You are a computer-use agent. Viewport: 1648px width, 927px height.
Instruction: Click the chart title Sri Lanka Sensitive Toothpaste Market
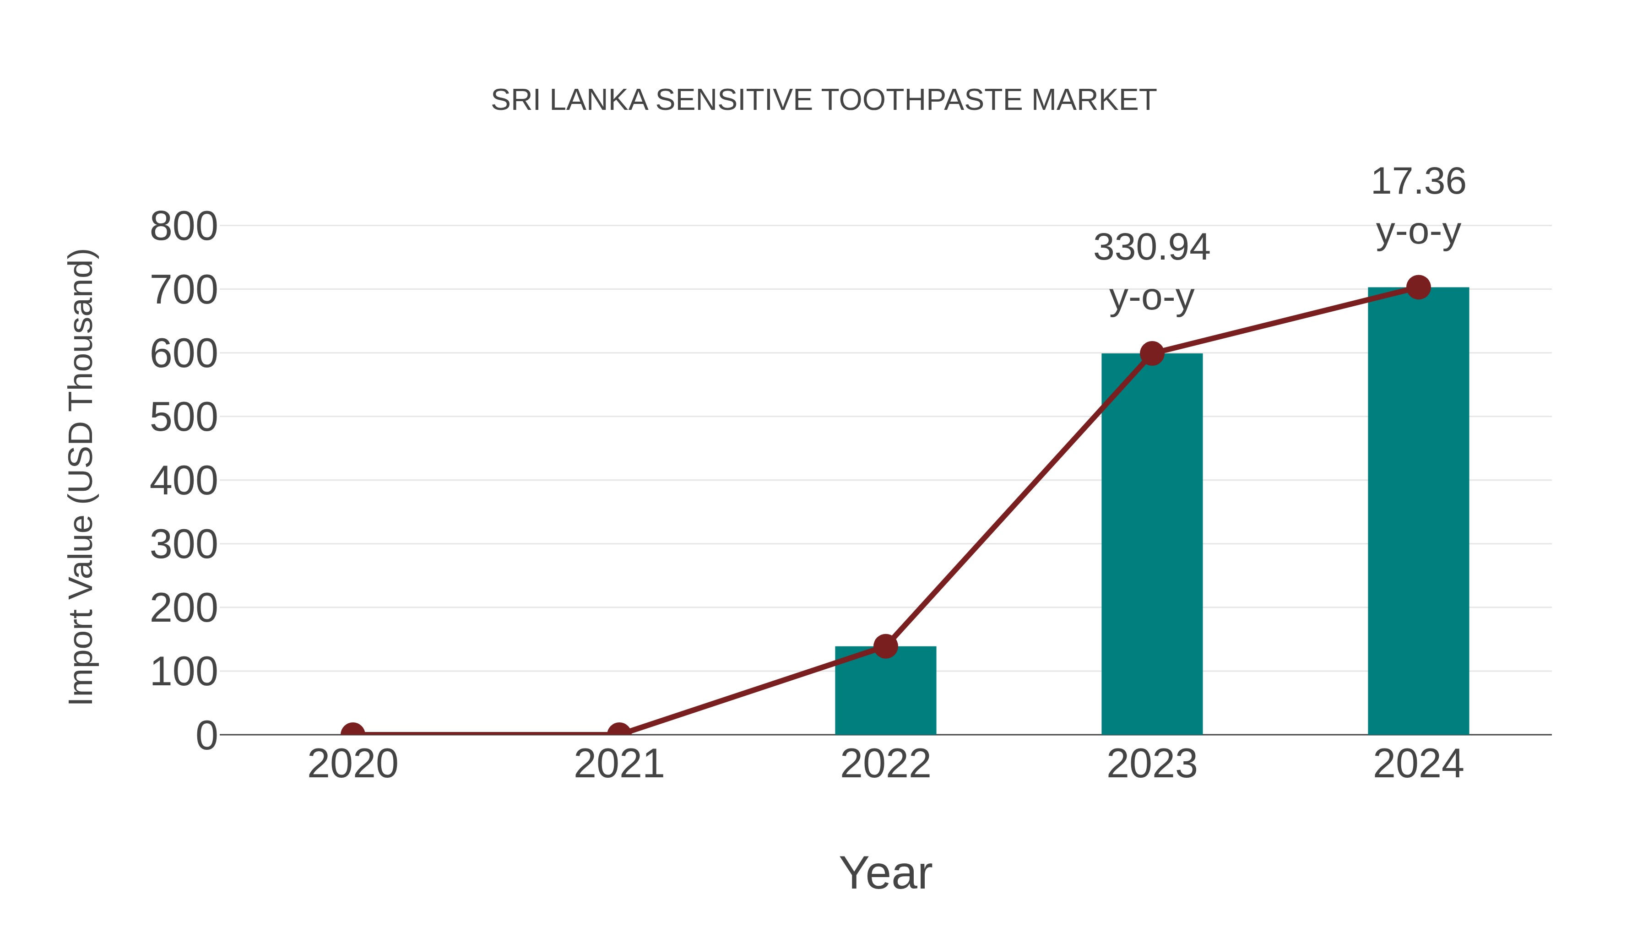pyautogui.click(x=824, y=100)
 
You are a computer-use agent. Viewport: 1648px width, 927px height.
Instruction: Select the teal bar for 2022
pyautogui.click(x=885, y=694)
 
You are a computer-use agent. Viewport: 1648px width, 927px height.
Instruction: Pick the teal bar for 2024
pyautogui.click(x=1418, y=512)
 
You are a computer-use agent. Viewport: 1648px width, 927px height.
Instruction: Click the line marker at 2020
pyautogui.click(x=352, y=733)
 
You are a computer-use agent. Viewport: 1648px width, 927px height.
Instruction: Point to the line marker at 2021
pyautogui.click(x=618, y=733)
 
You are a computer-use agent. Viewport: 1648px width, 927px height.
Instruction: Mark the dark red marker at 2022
pyautogui.click(x=885, y=646)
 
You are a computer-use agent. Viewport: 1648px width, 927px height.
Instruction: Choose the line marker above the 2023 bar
pyautogui.click(x=1152, y=353)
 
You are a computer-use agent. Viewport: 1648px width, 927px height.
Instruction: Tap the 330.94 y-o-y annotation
pyautogui.click(x=1152, y=272)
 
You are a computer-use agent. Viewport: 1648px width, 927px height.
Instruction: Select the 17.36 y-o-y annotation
pyautogui.click(x=1418, y=206)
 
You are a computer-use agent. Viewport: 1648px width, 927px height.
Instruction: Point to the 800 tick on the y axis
pyautogui.click(x=184, y=227)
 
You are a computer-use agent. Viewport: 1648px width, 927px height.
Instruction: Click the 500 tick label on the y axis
pyautogui.click(x=184, y=418)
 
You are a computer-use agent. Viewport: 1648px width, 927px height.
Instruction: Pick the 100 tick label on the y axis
pyautogui.click(x=184, y=672)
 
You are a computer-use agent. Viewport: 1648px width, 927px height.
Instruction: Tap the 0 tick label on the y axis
pyautogui.click(x=206, y=736)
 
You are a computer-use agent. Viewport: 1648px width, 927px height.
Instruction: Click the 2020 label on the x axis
pyautogui.click(x=352, y=764)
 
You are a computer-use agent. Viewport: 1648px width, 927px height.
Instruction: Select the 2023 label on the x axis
pyautogui.click(x=1152, y=764)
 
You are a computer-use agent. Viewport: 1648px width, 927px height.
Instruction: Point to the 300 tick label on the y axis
pyautogui.click(x=184, y=545)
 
